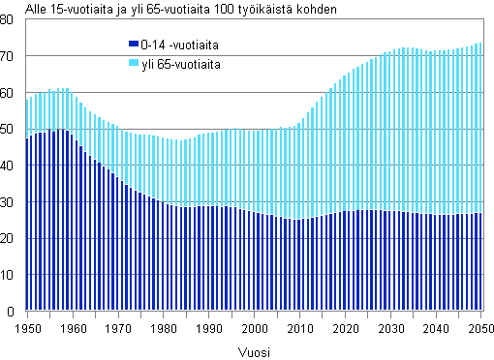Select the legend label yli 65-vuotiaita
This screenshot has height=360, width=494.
[x=180, y=64]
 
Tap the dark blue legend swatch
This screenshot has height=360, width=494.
[x=134, y=45]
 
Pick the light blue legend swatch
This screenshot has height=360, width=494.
[x=134, y=64]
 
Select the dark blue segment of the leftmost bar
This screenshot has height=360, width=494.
[x=27, y=223]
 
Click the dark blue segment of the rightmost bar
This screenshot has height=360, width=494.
[x=480, y=261]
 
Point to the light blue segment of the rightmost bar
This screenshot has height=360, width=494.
[x=480, y=126]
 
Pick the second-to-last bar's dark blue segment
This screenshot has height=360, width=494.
[x=476, y=261]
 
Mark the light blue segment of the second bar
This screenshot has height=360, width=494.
[x=32, y=115]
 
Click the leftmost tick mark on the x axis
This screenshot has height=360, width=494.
[x=27, y=314]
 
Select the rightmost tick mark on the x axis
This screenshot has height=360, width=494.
[x=482, y=314]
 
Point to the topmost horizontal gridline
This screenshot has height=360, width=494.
[x=252, y=55]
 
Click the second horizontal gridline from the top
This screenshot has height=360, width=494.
[x=252, y=92]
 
